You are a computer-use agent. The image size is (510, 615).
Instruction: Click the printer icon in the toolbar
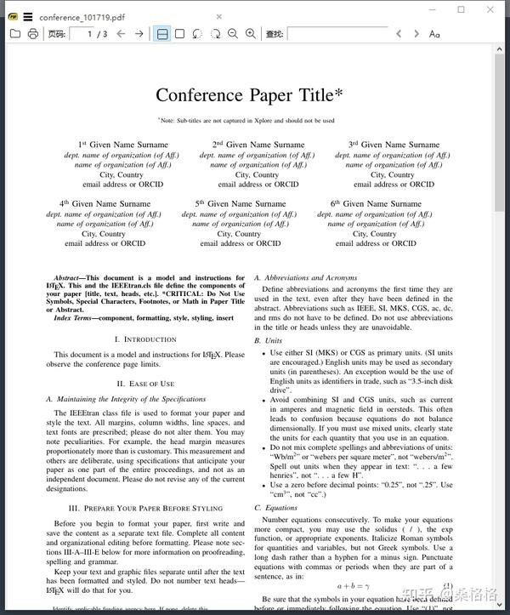point(32,34)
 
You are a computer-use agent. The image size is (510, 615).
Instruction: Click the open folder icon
point(14,34)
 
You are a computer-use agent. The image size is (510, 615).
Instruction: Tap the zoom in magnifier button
point(251,34)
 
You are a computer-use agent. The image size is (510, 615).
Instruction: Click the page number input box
point(88,34)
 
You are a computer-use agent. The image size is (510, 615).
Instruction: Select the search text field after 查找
point(336,34)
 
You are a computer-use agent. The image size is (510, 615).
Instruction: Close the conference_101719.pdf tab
point(218,16)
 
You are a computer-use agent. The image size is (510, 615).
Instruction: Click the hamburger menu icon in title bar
point(28,16)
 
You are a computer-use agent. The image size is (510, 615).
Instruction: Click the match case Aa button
point(434,34)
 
